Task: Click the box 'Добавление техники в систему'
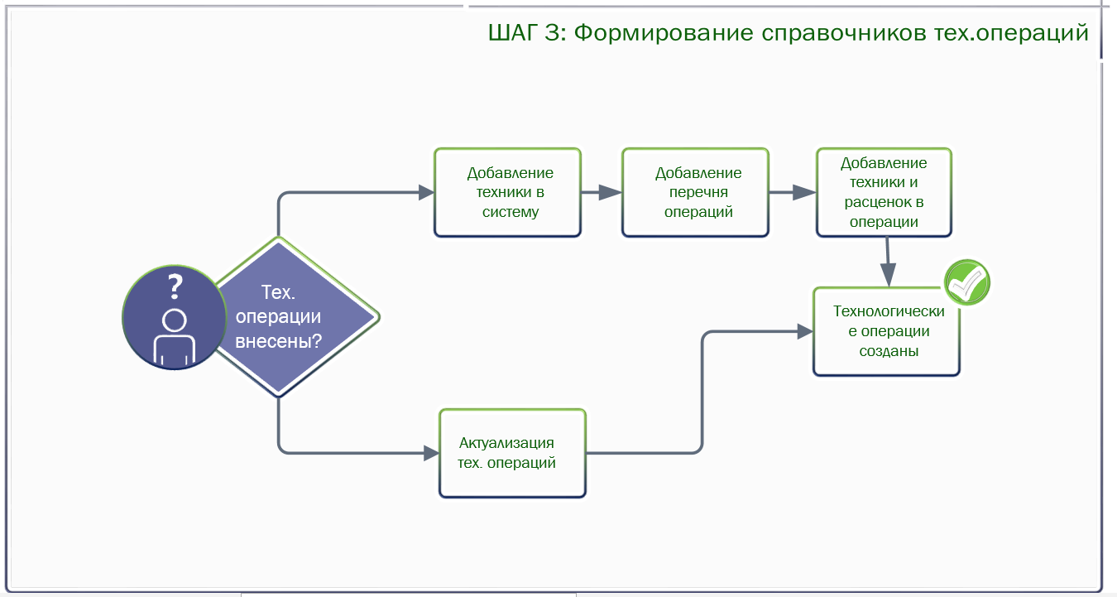tap(508, 192)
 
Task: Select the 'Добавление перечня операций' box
tap(696, 192)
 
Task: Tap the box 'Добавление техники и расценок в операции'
tap(884, 192)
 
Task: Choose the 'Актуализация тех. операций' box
tap(513, 453)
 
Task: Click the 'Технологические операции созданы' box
tap(887, 331)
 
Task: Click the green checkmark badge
tap(967, 282)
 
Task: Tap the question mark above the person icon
tap(175, 286)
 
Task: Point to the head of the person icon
tap(175, 320)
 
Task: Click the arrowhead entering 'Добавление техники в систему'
tap(426, 192)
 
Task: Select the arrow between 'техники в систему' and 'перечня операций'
tap(602, 192)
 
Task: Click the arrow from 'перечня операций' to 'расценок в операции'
tap(793, 192)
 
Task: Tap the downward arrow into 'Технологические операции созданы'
tap(888, 262)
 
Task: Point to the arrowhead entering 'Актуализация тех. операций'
tap(431, 453)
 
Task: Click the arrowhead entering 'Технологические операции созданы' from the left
tap(805, 331)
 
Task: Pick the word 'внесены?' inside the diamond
tap(278, 341)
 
